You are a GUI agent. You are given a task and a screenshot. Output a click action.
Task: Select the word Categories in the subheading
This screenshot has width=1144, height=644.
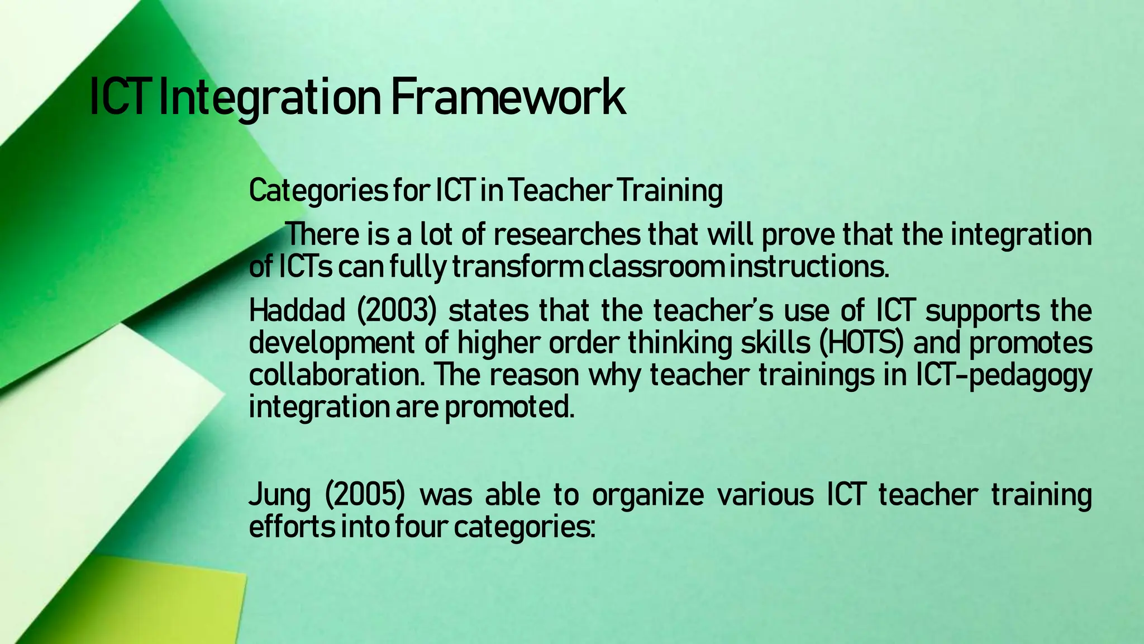[318, 191]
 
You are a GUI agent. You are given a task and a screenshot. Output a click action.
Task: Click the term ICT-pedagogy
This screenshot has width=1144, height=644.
[1003, 376]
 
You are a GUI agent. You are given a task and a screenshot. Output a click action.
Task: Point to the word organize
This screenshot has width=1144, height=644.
[648, 495]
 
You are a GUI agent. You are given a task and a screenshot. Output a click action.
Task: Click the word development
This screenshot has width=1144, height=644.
[331, 343]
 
